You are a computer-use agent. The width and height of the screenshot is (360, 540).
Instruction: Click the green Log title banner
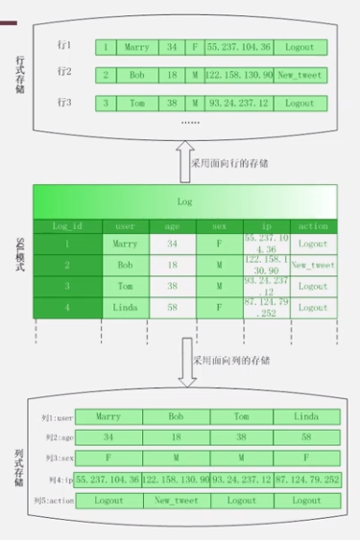[185, 202]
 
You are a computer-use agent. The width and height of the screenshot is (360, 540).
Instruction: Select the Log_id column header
[67, 226]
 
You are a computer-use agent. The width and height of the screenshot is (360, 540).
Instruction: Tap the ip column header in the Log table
[266, 226]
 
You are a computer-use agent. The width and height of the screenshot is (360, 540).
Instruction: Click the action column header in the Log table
[313, 226]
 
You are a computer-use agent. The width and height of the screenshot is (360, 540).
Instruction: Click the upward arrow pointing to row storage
[186, 161]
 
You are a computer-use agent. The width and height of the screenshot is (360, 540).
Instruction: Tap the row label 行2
[64, 72]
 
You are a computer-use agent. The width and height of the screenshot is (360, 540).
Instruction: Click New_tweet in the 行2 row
[302, 74]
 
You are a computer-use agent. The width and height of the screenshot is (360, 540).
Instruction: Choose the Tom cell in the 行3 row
[136, 102]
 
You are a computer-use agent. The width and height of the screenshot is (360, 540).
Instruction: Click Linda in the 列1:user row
[306, 417]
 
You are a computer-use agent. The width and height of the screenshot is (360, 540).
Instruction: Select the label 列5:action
[54, 501]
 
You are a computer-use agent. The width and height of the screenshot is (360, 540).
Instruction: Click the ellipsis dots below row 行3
[190, 123]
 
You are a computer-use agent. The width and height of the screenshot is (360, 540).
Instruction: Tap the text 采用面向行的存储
[230, 163]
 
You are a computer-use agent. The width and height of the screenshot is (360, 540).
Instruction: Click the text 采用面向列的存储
[230, 362]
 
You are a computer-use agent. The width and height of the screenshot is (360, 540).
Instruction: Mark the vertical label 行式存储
[20, 73]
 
